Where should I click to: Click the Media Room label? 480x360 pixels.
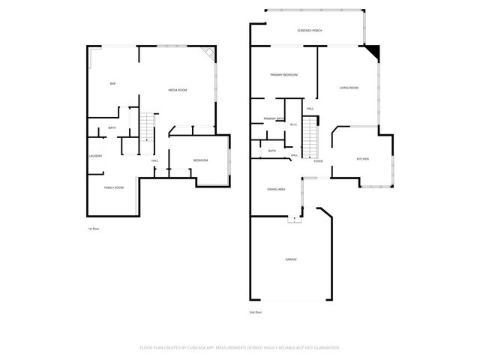click(x=177, y=90)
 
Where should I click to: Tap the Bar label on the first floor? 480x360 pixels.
click(x=112, y=83)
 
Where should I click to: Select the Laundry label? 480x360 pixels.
click(x=95, y=156)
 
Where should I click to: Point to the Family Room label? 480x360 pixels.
click(x=113, y=187)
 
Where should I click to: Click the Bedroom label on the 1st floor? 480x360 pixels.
click(x=200, y=161)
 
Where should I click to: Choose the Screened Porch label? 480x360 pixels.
click(x=310, y=31)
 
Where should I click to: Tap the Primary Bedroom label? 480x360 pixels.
click(x=284, y=75)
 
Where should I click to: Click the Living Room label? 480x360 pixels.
click(x=349, y=88)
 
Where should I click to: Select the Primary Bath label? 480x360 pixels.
click(x=274, y=118)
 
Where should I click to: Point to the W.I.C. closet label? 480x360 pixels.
click(x=294, y=125)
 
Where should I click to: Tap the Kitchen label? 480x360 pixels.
click(x=362, y=159)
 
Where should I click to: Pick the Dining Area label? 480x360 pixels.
click(x=277, y=189)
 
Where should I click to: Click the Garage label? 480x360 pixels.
click(x=290, y=259)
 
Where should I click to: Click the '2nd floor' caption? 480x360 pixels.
click(x=256, y=312)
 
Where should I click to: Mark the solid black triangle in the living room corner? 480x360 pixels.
click(x=373, y=53)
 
